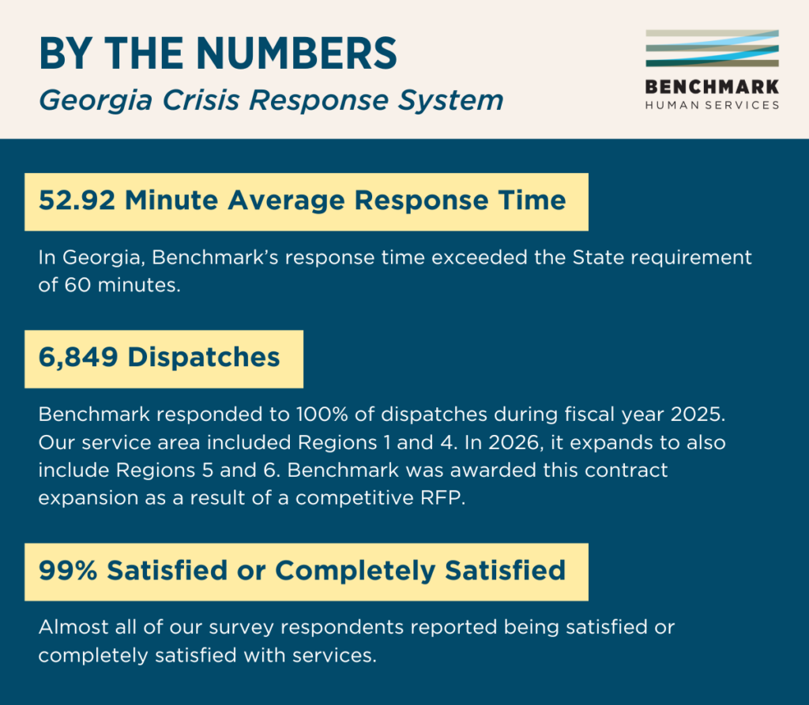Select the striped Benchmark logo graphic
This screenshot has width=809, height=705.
coord(712,49)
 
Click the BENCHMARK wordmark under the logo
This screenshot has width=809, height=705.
coord(712,86)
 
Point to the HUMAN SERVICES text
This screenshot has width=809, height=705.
coord(712,105)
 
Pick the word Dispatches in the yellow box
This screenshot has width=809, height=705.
coord(204,357)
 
